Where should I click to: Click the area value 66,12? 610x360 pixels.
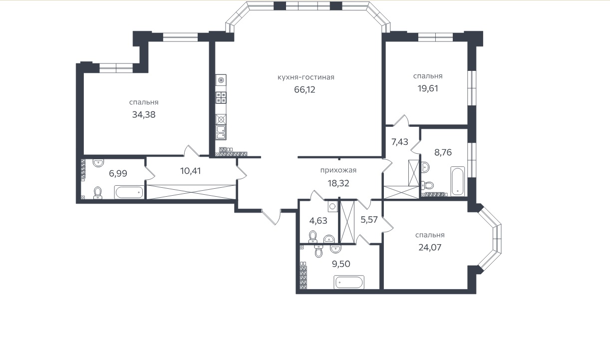click(x=305, y=89)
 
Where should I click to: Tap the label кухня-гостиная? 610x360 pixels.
click(x=305, y=77)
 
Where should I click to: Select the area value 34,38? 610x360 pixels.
click(x=144, y=114)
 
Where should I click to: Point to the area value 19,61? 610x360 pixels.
click(x=427, y=88)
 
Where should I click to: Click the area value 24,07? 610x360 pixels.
click(x=430, y=247)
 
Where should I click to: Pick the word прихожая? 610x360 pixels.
click(x=338, y=170)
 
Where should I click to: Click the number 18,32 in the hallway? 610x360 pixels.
click(x=338, y=183)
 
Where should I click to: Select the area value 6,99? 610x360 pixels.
click(x=118, y=173)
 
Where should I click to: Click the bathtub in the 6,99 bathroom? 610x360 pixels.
click(x=129, y=193)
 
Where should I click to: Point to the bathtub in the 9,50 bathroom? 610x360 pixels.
click(x=349, y=282)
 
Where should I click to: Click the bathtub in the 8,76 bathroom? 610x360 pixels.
click(x=458, y=182)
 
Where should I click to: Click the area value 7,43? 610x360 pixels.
click(x=400, y=142)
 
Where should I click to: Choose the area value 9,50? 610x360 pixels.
click(x=341, y=264)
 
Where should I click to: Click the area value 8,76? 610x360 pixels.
click(x=442, y=152)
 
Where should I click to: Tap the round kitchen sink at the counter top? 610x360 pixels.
click(x=221, y=80)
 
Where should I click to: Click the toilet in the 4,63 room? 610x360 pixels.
click(x=313, y=235)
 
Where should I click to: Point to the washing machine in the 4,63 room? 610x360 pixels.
click(x=332, y=205)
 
